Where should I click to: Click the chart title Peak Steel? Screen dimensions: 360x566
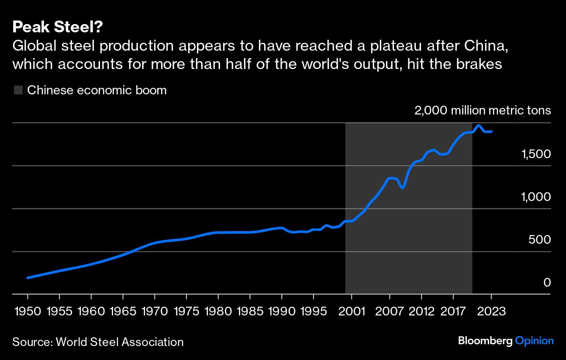click(x=58, y=28)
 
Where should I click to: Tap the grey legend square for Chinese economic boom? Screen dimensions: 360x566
click(x=18, y=90)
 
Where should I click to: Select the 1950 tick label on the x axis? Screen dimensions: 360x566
click(x=28, y=312)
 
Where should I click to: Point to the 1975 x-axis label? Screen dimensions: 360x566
click(x=186, y=312)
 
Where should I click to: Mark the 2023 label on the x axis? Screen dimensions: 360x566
click(x=491, y=312)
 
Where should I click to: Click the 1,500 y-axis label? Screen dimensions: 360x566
click(x=536, y=154)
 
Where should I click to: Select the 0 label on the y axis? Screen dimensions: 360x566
click(x=547, y=283)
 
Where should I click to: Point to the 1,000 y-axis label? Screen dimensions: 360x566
click(x=536, y=197)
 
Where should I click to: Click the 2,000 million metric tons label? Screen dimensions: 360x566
click(x=483, y=111)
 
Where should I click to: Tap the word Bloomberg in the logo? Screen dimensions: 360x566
click(x=485, y=341)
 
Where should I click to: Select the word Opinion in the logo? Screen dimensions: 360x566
click(x=534, y=341)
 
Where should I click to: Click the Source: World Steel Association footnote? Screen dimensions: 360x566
click(x=98, y=342)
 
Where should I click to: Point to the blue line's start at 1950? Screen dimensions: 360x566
click(x=28, y=277)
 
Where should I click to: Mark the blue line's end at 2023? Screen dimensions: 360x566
click(x=492, y=131)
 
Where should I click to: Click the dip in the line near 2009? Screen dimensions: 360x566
click(x=402, y=187)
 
